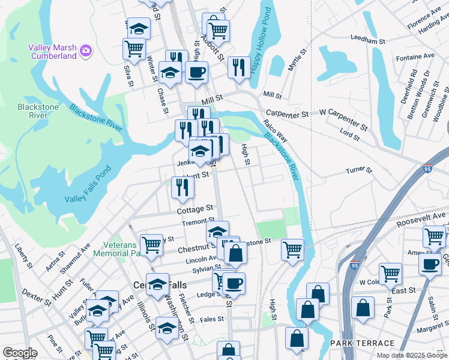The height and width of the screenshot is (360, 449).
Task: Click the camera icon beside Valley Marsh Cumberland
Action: (x=85, y=49)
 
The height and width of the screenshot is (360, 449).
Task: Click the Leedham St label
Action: (x=367, y=41)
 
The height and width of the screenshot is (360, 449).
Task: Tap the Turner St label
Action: (x=358, y=171)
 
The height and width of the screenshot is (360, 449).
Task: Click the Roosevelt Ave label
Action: (x=423, y=218)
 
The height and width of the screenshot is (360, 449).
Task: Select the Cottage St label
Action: (x=195, y=210)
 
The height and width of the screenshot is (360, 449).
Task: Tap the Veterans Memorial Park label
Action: (x=118, y=248)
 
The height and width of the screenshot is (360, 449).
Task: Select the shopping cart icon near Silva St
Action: (x=133, y=48)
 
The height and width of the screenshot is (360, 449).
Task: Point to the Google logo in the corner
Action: (x=20, y=353)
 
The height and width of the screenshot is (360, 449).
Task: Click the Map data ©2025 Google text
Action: (x=412, y=355)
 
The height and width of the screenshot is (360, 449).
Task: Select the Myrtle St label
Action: (x=294, y=61)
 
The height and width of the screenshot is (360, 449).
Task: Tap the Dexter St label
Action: (x=34, y=294)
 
